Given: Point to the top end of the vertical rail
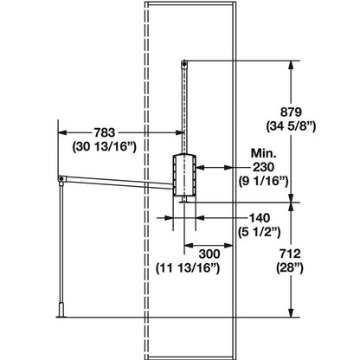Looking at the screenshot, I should point(185,61).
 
